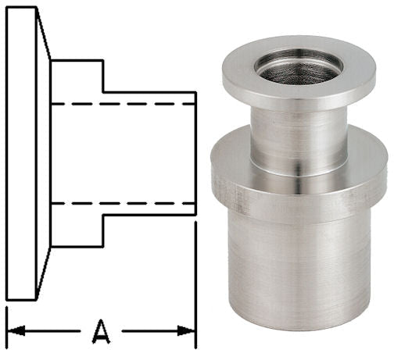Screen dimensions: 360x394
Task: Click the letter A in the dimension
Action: (x=100, y=331)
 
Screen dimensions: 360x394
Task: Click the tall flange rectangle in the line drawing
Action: (x=21, y=153)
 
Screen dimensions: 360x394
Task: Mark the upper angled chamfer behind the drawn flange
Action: (x=44, y=35)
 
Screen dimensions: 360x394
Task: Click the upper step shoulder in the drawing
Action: (x=103, y=76)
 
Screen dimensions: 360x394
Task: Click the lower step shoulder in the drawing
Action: (x=103, y=230)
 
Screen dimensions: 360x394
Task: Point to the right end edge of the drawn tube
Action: (x=195, y=153)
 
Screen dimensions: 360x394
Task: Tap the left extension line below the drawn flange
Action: (x=6, y=320)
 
